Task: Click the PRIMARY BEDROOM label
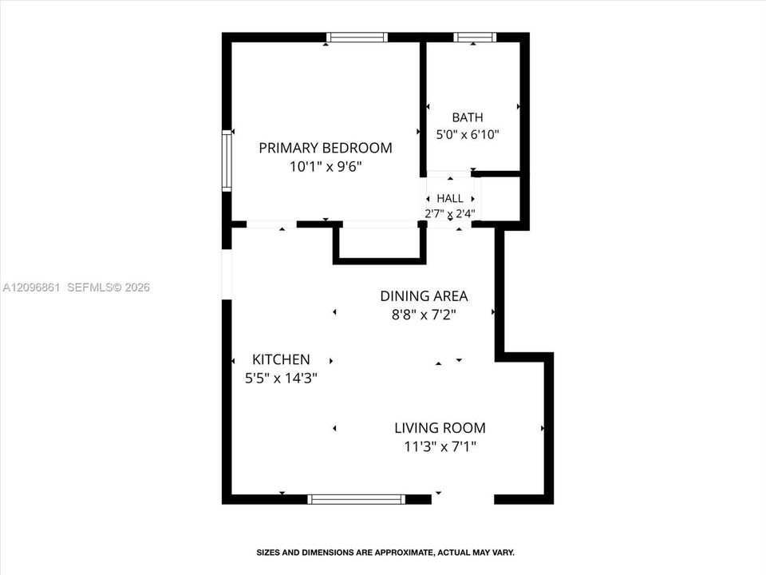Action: pos(326,148)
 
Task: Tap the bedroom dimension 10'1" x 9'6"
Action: pos(326,167)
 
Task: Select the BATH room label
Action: pos(468,117)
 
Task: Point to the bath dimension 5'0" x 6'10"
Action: pos(468,134)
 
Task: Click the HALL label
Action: pos(450,199)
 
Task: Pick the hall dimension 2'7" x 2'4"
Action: pos(450,214)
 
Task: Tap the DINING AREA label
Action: pos(424,295)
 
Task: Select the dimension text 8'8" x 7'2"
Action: pos(424,315)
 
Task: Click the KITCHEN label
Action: pos(281,359)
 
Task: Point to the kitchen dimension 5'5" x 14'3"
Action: pos(281,378)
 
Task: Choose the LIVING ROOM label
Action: pos(440,428)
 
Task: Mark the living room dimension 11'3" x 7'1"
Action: pos(440,446)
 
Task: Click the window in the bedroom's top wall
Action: pos(357,38)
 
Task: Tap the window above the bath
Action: pos(475,38)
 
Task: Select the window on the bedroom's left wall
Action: pos(227,161)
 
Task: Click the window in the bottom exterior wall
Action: pos(357,499)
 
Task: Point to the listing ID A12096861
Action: pos(31,287)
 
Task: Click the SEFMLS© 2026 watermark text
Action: pos(109,287)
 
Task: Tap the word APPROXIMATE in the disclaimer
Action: pos(404,553)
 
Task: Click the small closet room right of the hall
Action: pos(500,199)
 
